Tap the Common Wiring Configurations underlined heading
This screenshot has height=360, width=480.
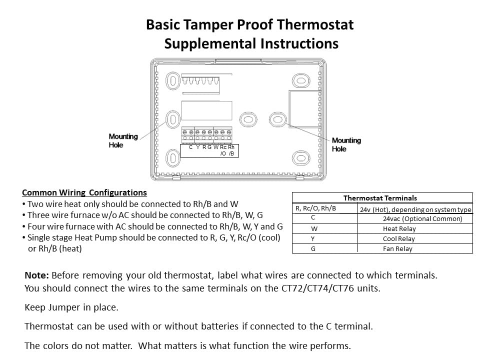84,193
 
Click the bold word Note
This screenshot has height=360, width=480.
36,275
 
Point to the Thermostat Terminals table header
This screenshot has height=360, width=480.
380,198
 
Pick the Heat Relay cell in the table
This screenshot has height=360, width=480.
399,229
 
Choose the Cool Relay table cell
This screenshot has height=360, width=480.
399,239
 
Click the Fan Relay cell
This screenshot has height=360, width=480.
397,249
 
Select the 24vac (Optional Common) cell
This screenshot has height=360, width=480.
422,219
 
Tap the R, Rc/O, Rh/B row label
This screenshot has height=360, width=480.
316,208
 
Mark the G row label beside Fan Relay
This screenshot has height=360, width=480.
313,249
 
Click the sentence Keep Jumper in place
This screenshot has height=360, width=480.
71,307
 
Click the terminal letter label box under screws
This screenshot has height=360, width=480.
209,150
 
